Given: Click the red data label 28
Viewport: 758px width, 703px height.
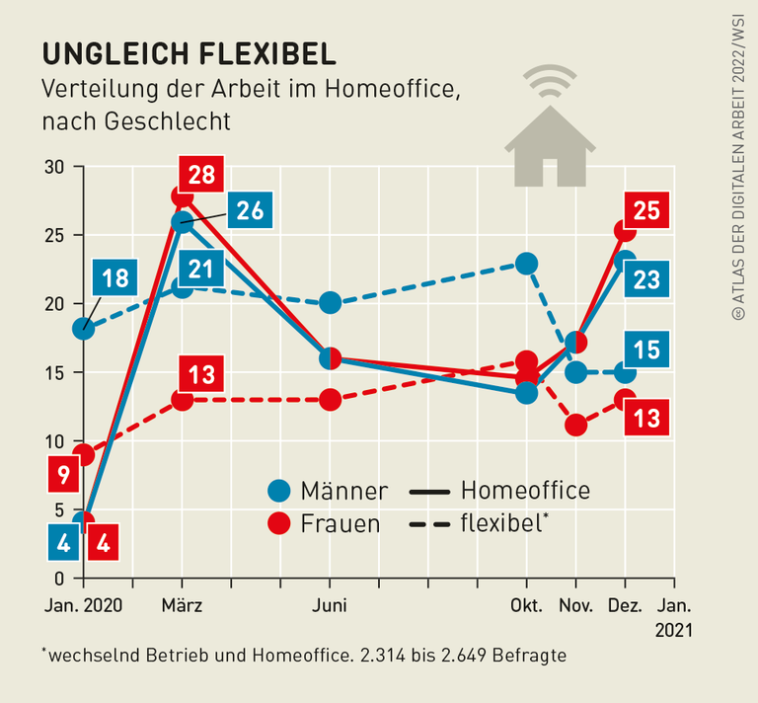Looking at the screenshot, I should point(202,175).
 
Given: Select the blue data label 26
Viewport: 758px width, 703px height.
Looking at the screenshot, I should point(249,209).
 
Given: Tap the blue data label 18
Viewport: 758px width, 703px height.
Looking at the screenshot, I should point(115,277).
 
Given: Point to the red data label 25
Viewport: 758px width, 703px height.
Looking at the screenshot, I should point(645,210).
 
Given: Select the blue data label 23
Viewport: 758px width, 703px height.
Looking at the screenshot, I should point(645,279).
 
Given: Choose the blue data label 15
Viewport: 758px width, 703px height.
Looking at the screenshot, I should point(645,351).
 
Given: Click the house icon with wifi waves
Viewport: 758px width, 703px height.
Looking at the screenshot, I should point(550,128).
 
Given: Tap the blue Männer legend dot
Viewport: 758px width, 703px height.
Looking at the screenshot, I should point(281,491).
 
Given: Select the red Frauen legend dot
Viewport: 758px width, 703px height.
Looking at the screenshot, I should point(281,523).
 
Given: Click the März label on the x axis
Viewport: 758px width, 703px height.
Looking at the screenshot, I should point(181,605).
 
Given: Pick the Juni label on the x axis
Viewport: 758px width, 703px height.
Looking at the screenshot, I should point(330,605).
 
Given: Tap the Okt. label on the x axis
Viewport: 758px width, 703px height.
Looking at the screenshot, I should point(526,605).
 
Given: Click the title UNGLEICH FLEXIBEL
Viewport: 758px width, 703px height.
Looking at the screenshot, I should point(188,52).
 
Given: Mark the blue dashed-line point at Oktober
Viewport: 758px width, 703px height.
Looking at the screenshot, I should point(526,263).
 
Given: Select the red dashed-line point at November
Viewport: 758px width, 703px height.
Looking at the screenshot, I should point(576,426).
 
